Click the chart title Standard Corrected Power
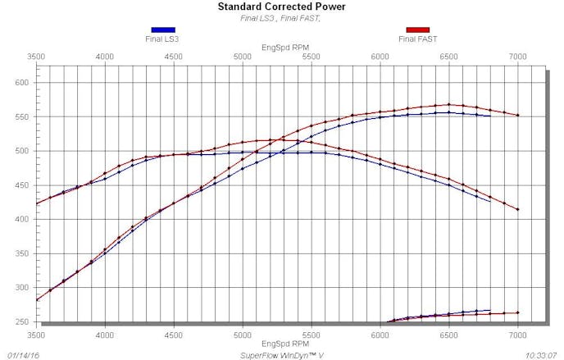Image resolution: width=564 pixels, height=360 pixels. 281,7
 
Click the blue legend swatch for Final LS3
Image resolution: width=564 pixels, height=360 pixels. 162,30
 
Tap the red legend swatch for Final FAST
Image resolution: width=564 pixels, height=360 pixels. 417,30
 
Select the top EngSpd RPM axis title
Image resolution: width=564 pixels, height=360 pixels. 281,47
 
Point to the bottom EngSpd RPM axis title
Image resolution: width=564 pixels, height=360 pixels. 281,344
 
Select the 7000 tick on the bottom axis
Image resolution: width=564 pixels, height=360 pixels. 517,335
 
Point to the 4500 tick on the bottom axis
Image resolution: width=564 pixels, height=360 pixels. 173,335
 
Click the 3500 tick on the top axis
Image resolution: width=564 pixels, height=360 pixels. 36,57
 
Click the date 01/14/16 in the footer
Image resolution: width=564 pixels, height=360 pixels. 23,354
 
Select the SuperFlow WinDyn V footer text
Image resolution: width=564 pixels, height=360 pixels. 281,354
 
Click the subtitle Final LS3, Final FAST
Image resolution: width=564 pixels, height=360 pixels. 281,17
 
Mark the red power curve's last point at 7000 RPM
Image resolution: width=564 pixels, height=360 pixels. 518,115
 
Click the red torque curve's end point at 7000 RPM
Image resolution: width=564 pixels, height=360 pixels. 518,209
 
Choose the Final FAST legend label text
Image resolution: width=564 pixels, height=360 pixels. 417,39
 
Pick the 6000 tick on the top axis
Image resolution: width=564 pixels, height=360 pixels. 380,57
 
